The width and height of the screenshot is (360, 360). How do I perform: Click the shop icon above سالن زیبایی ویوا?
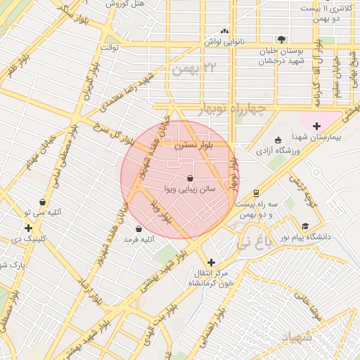pos(191,178)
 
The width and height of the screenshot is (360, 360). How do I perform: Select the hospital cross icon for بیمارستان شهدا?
pos(316,126)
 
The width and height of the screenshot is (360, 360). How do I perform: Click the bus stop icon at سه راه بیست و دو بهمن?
pos(256,192)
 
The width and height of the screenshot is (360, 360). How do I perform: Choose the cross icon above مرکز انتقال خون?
pos(211,262)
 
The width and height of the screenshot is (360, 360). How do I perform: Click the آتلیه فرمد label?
pos(139,240)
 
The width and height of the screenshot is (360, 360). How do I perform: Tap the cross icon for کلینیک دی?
pos(28,228)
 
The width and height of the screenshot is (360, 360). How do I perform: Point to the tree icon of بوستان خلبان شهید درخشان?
pos(281,39)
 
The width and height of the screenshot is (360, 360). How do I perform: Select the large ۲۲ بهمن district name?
pos(195,68)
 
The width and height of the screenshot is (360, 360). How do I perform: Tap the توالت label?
pos(110,47)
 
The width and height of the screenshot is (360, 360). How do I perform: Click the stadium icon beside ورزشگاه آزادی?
pos(278,139)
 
